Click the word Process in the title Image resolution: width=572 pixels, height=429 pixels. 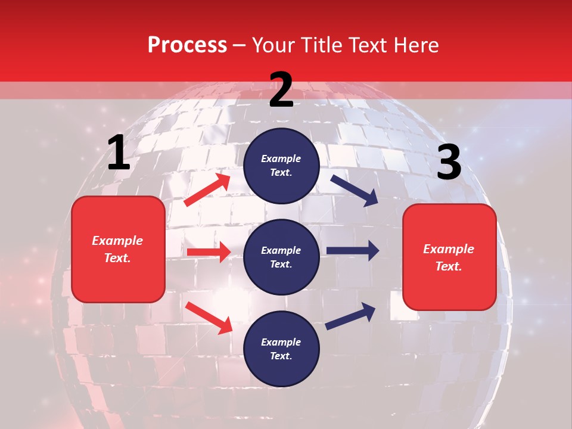click(187, 45)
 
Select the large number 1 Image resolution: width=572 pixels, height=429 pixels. click(119, 153)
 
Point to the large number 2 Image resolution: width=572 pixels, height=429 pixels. click(281, 90)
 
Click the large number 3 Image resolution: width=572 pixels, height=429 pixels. click(449, 163)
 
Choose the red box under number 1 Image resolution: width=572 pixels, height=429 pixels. click(118, 249)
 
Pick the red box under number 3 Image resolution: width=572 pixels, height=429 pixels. click(449, 257)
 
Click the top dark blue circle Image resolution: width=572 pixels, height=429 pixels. click(281, 166)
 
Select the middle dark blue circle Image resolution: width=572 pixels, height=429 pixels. click(281, 257)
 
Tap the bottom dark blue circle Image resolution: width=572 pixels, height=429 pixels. click(281, 349)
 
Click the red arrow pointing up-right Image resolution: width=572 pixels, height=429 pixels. click(207, 190)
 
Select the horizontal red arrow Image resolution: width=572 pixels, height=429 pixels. click(209, 252)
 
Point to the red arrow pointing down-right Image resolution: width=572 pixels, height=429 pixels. click(209, 318)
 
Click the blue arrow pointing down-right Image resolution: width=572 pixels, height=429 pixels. click(354, 190)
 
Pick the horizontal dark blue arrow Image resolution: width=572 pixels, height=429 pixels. click(352, 251)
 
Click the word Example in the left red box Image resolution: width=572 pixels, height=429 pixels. click(117, 241)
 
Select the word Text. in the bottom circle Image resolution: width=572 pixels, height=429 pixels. click(281, 356)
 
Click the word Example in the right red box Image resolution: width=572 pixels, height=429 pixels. click(449, 249)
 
